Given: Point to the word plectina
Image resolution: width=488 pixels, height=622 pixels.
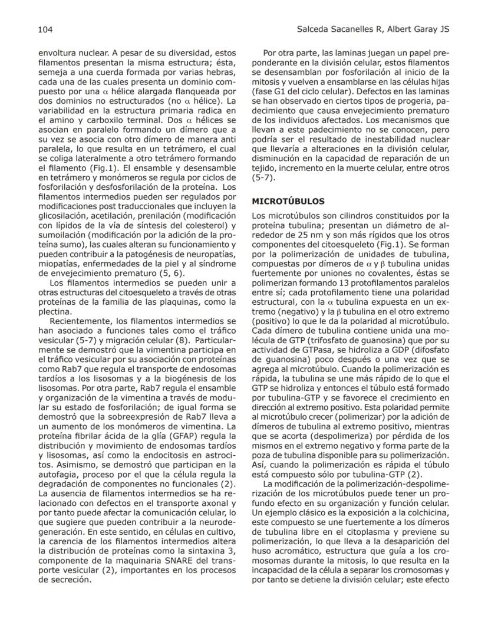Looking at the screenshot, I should pyautogui.click(x=56, y=311).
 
